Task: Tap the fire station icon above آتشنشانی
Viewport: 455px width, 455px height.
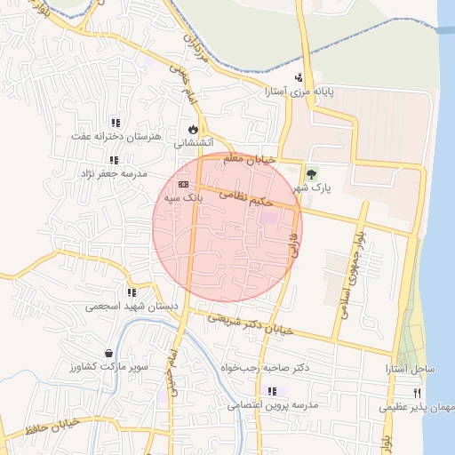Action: point(192,128)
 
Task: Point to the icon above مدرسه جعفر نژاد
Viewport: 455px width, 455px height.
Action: point(114,160)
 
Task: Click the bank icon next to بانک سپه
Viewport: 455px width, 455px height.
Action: point(183,184)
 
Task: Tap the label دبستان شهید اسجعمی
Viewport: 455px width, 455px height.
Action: point(132,306)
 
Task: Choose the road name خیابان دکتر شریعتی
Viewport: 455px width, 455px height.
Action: point(250,324)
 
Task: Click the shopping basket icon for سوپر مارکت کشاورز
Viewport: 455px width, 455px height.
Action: point(108,354)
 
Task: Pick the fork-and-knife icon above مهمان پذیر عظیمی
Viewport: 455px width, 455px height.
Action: point(416,393)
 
